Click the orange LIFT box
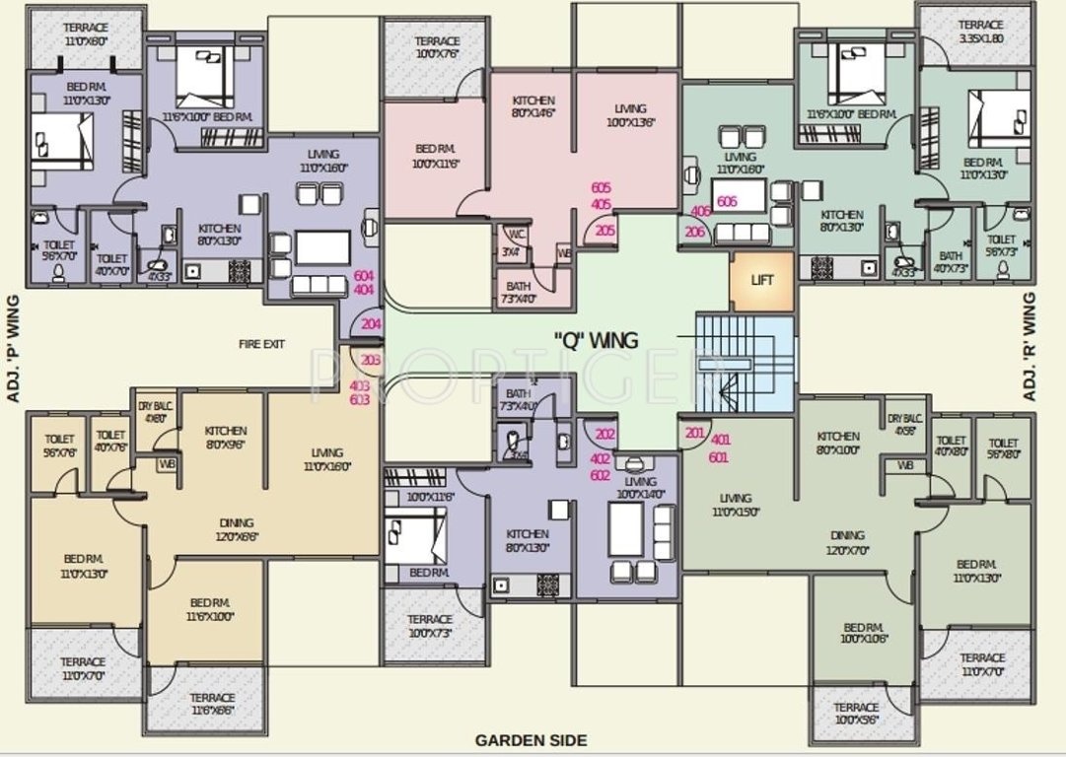[x=762, y=280]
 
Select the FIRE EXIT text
[x=261, y=344]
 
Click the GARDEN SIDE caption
[x=531, y=739]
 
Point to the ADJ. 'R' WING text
[x=1030, y=345]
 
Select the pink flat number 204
[x=371, y=323]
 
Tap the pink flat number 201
[x=694, y=433]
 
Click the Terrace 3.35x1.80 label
[x=981, y=32]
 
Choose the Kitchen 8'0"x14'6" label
[x=533, y=107]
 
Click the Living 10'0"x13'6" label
[x=630, y=115]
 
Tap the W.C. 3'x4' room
[x=514, y=242]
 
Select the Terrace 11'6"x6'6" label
[x=213, y=703]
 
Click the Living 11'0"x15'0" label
[x=735, y=505]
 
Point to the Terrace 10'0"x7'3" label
[x=431, y=625]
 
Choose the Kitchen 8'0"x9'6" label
[x=226, y=438]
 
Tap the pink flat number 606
[x=728, y=201]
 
